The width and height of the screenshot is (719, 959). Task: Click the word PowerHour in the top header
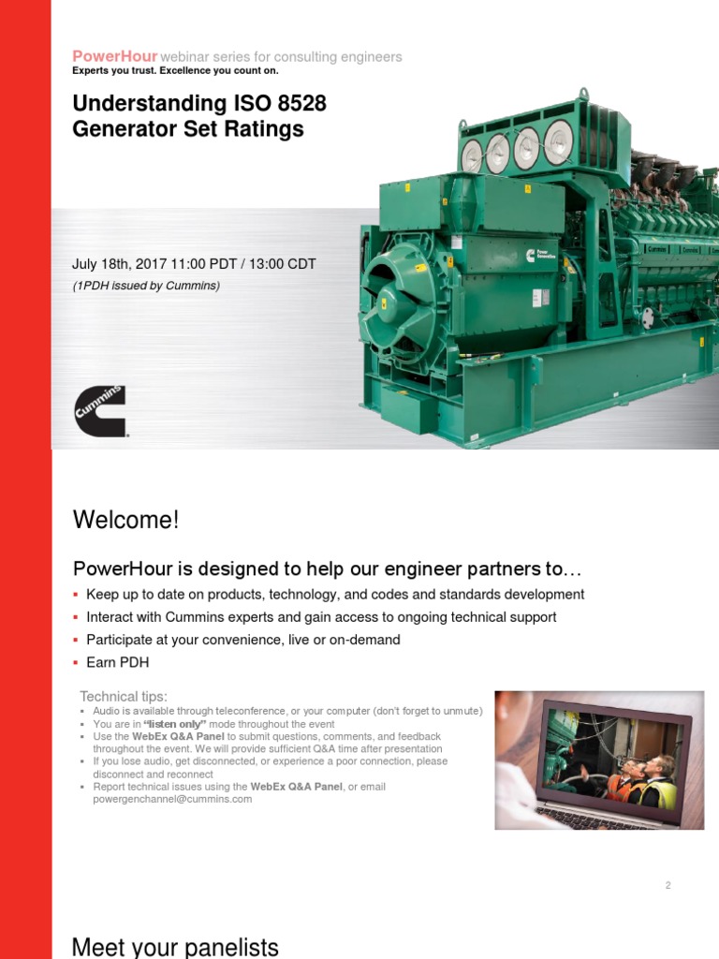click(x=115, y=57)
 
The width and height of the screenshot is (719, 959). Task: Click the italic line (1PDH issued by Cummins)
click(x=146, y=286)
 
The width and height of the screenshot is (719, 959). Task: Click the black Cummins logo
click(x=100, y=411)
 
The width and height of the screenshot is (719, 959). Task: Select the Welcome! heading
click(x=125, y=520)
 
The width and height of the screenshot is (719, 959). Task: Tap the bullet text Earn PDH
click(x=117, y=663)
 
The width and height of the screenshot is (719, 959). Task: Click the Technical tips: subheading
click(x=124, y=696)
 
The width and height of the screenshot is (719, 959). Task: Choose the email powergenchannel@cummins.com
click(x=172, y=799)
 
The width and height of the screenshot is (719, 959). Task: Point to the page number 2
click(x=668, y=885)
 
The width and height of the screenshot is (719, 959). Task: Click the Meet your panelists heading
click(x=175, y=948)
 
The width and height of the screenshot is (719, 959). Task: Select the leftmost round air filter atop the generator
click(x=472, y=155)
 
